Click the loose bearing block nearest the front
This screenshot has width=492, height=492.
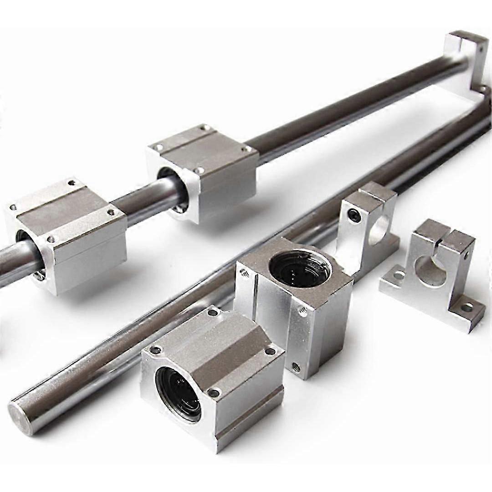click(x=212, y=378)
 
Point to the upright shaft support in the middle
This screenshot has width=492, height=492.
click(x=367, y=223)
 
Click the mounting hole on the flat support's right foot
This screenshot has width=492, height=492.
click(x=467, y=307)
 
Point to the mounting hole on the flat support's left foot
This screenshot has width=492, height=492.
click(x=400, y=275)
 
